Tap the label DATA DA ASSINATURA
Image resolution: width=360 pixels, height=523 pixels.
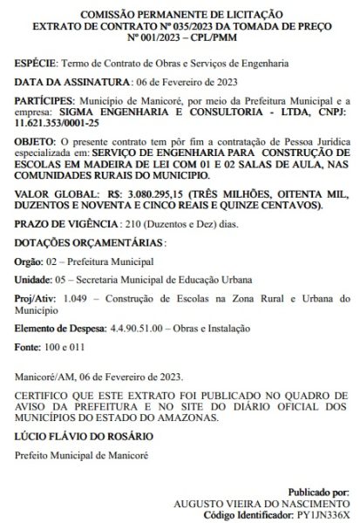[65, 83]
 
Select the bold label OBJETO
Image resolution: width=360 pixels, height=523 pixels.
[37, 140]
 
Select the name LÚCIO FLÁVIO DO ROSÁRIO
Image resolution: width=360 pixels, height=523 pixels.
[83, 435]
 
